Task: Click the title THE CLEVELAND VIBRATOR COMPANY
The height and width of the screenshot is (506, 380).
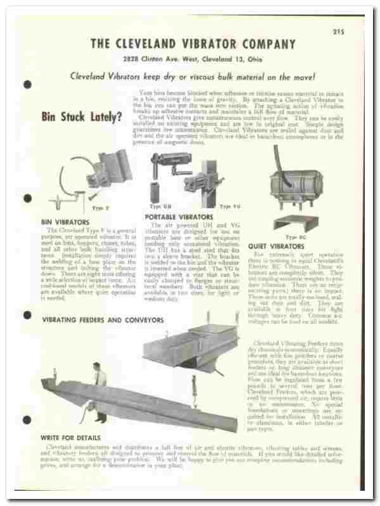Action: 193,44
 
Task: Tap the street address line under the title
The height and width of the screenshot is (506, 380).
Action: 193,60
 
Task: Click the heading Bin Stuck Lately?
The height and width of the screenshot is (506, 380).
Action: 82,117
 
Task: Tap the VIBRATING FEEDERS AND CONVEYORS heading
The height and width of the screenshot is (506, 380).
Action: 103,320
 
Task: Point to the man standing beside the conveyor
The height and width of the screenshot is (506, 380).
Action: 99,392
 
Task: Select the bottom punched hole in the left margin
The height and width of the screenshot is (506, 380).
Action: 27,421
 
